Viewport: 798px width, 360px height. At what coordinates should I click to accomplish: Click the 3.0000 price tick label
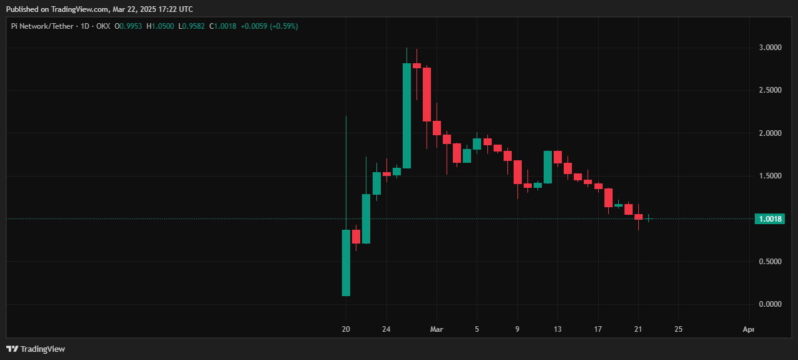(769, 48)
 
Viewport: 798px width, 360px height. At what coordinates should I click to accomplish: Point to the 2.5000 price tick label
(769, 90)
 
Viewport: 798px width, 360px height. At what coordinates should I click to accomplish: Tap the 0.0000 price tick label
(769, 304)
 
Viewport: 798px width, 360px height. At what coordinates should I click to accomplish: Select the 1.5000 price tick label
(769, 176)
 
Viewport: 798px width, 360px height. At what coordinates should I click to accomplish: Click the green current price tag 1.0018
(770, 219)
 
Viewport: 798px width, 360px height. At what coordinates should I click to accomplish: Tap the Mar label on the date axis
(437, 329)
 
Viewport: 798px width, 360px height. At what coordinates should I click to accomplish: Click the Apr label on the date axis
(748, 329)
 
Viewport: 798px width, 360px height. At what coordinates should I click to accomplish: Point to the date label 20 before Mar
(346, 329)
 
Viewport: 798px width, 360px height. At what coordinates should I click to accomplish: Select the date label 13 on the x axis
(557, 329)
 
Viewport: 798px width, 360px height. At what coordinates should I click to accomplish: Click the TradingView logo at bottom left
(36, 349)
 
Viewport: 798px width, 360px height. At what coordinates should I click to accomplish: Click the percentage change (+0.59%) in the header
(282, 26)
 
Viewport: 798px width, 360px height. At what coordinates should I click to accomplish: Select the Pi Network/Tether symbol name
(43, 26)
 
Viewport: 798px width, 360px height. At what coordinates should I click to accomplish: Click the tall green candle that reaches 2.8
(407, 116)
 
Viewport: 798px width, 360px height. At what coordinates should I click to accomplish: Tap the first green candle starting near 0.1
(346, 263)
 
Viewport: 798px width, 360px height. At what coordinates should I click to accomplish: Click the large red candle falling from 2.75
(427, 94)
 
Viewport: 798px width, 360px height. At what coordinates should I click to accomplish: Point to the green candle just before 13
(547, 167)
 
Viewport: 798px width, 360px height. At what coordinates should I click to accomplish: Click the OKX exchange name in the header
(102, 26)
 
